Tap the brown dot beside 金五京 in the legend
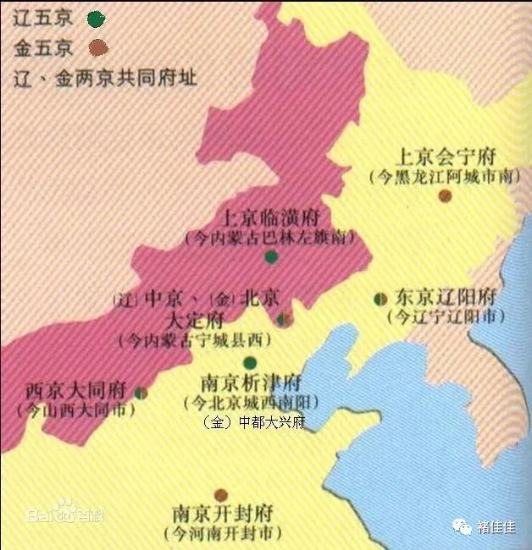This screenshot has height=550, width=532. [x=99, y=47]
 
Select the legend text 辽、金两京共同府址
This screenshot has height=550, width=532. [x=106, y=79]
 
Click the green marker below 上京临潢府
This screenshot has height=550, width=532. [x=271, y=256]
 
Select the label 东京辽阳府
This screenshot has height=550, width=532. [x=446, y=298]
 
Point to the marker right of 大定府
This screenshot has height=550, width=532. [x=285, y=319]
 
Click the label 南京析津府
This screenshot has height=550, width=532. [x=249, y=382]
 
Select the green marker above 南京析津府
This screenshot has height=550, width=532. [x=249, y=362]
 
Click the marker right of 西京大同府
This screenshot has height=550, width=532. [x=141, y=393]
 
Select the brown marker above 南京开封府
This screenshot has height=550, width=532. [x=221, y=494]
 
